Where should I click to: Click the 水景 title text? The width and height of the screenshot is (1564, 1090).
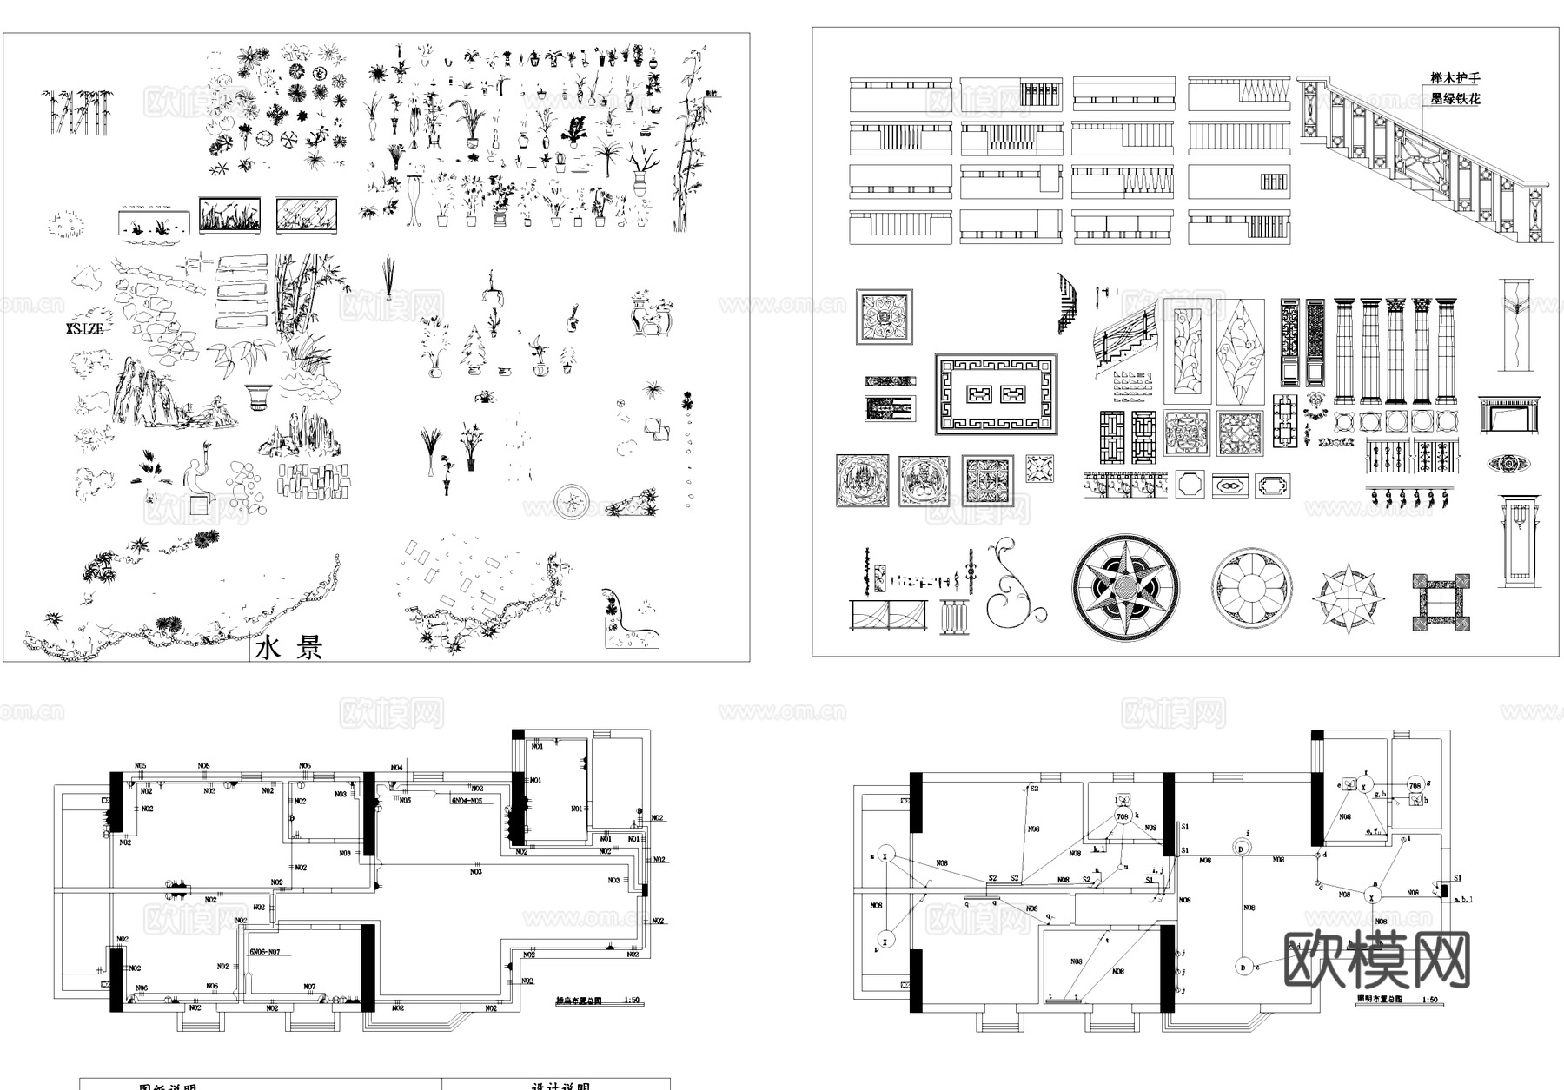pos(289,648)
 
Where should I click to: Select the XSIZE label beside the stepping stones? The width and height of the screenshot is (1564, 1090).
pos(84,329)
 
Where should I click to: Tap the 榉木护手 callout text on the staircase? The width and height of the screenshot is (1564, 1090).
pos(1455,79)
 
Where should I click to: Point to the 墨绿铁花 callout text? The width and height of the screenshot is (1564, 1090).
pos(1455,99)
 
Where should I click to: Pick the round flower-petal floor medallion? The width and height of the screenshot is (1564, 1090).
pos(1252,588)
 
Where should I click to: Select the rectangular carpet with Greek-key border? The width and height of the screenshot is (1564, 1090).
pos(996,394)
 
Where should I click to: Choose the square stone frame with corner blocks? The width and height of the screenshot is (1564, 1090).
pos(1441,601)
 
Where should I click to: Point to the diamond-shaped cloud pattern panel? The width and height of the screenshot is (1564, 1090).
pos(1240,352)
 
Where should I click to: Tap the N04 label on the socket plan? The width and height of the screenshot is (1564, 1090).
pos(396,768)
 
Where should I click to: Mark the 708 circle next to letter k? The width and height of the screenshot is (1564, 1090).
pos(1122,817)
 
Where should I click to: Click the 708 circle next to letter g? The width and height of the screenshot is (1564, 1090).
pos(1415,786)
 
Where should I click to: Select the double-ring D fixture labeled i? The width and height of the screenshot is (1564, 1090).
pos(1242,848)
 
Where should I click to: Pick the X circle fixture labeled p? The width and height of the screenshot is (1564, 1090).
pos(885,939)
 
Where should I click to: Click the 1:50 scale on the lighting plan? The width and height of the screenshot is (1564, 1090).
pos(1430,1000)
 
